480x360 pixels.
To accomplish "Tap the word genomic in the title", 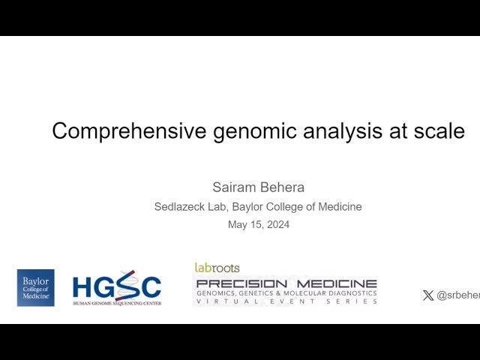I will (244, 131).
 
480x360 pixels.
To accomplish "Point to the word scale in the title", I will (439, 131).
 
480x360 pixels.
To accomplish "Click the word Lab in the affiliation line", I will (223, 207).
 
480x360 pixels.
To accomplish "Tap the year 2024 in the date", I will (277, 224).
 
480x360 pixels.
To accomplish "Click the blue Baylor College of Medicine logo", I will (35, 288).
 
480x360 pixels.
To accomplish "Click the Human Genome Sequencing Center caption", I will (117, 303).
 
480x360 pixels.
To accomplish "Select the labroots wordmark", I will (217, 268).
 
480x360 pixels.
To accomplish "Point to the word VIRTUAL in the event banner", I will (221, 301).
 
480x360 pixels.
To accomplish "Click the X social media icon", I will (428, 295).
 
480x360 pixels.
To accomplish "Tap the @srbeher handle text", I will (457, 295).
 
